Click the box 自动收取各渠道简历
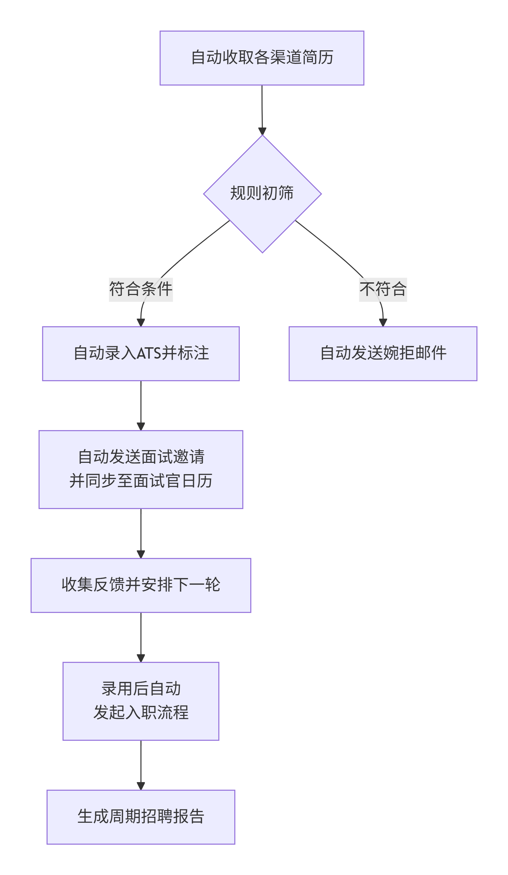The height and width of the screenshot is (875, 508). [261, 58]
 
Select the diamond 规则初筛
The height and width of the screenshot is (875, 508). [262, 193]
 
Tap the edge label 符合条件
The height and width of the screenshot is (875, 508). [140, 289]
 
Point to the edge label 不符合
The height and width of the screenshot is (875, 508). [382, 289]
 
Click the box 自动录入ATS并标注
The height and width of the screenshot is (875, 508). [140, 354]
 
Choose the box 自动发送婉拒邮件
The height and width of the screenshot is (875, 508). [382, 354]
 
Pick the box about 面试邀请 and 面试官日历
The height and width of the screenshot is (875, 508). [140, 469]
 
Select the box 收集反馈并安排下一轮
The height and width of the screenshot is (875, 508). [140, 585]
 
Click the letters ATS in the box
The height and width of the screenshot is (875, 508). [149, 354]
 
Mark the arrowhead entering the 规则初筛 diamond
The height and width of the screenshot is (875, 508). [262, 132]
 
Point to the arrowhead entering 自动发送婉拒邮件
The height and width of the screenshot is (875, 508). [382, 323]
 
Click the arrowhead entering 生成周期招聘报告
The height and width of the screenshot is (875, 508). [140, 786]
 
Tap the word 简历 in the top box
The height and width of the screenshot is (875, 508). [318, 58]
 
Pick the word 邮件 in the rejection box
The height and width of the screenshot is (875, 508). [430, 354]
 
